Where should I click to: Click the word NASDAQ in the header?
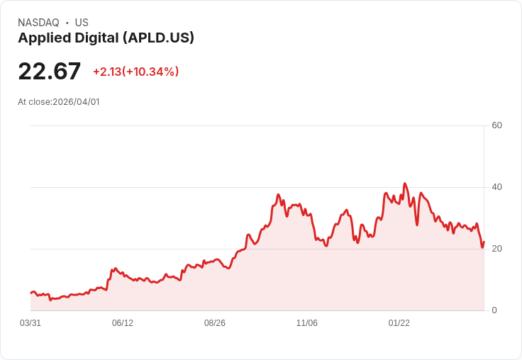[38, 23]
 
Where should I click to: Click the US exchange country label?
[82, 23]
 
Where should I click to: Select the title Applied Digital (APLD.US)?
[106, 38]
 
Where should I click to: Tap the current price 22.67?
[50, 72]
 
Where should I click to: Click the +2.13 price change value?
[106, 72]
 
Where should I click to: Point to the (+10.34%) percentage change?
[151, 72]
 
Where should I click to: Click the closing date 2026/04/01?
[77, 102]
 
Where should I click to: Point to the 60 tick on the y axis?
[497, 125]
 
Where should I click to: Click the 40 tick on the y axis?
[497, 187]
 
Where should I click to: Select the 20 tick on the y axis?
[497, 249]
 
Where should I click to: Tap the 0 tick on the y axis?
[494, 310]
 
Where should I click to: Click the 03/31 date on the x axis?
[30, 323]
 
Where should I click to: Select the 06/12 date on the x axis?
[123, 323]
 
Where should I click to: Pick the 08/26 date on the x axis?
[215, 323]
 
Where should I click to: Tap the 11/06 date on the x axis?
[307, 323]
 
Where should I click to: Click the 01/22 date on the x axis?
[399, 323]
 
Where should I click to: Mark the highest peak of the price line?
[405, 184]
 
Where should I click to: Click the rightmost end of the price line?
[484, 242]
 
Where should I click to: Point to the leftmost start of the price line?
[30, 293]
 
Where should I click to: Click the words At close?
[34, 102]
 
